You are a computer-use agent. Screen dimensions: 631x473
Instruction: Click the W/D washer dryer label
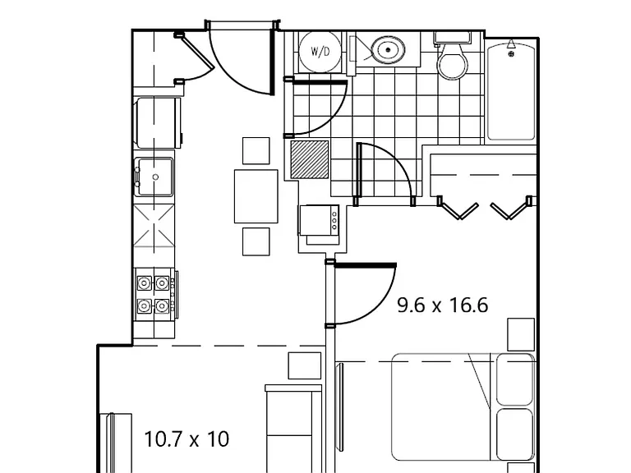click(x=320, y=52)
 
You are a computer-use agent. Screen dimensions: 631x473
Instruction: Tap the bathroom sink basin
click(x=388, y=50)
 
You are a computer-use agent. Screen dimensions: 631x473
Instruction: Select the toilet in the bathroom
click(x=453, y=56)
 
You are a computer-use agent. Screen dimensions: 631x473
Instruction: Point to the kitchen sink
click(x=154, y=177)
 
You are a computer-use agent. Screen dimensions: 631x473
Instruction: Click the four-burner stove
click(x=155, y=295)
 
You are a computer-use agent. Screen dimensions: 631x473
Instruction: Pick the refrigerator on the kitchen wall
click(x=159, y=122)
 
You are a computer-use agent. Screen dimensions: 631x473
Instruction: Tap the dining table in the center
click(x=256, y=196)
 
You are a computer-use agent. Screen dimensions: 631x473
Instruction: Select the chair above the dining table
click(x=256, y=151)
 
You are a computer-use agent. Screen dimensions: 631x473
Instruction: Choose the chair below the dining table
click(x=256, y=241)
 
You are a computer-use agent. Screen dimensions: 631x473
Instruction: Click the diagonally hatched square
click(x=310, y=159)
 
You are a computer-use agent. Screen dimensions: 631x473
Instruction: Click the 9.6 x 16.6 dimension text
click(x=443, y=305)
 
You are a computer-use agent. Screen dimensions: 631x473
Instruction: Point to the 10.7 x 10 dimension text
click(x=187, y=439)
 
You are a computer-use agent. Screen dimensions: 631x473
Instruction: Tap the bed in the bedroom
click(x=463, y=407)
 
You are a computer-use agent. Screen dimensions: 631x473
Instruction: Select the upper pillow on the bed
click(x=514, y=379)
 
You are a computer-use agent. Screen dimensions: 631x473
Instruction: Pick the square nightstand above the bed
click(x=521, y=334)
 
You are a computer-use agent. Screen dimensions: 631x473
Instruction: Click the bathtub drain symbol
click(x=511, y=53)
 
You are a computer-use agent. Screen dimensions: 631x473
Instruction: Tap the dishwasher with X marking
click(x=154, y=226)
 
